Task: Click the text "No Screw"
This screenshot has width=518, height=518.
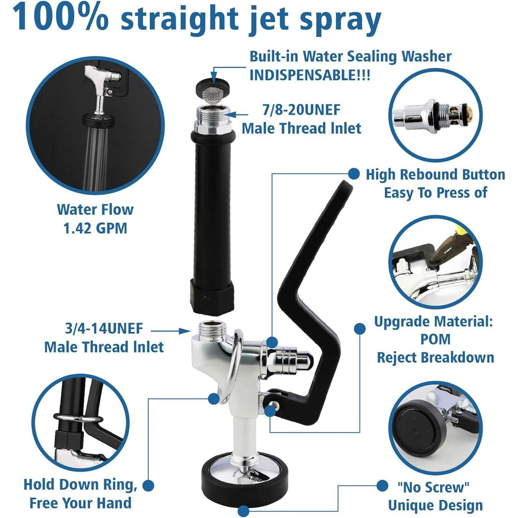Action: coord(434,487)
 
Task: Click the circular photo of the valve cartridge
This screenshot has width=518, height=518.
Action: coord(435,117)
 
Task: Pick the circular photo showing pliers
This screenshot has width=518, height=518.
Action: coord(435,262)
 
